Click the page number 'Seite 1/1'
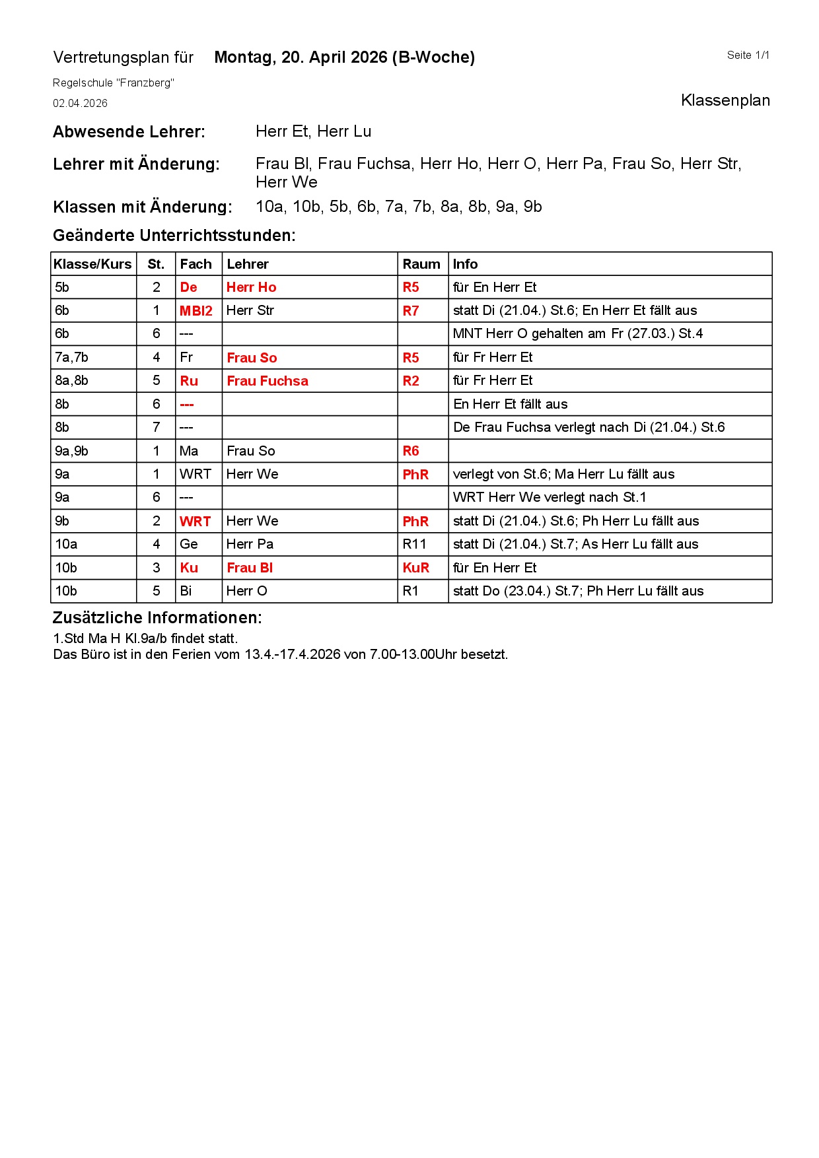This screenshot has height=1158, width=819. tap(748, 55)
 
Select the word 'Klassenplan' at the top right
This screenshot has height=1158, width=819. tap(725, 100)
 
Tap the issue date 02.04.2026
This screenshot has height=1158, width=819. tap(80, 104)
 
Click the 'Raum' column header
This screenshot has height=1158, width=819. tap(421, 264)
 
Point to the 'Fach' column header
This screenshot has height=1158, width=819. tap(196, 264)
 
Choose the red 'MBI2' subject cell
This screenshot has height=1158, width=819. tap(196, 311)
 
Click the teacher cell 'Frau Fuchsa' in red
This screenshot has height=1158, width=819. tap(267, 381)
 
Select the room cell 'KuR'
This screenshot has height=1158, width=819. tap(415, 568)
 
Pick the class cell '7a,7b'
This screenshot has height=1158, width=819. tap(71, 357)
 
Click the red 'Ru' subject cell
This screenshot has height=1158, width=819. tap(189, 381)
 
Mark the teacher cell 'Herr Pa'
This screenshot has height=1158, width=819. tap(250, 544)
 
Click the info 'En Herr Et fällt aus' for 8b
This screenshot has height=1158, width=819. tap(510, 404)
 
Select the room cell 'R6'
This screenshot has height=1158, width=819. tap(411, 451)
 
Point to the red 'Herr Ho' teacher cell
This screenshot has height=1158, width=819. tap(251, 287)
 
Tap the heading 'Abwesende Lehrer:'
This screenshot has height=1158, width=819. tap(129, 132)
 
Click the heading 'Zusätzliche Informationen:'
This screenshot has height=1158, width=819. tap(157, 618)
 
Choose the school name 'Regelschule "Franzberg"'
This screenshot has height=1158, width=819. tap(113, 83)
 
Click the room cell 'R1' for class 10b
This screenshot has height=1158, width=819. tap(410, 591)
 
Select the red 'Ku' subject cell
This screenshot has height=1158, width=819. tap(189, 568)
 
